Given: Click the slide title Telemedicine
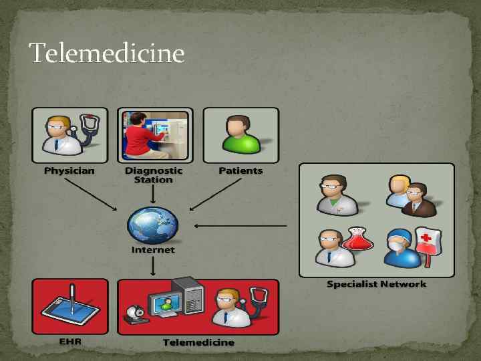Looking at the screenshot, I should (107, 53).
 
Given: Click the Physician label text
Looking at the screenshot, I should (69, 170).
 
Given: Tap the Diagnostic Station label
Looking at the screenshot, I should (153, 174).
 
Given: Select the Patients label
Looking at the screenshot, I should (240, 170).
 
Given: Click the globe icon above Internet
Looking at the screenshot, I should (153, 225).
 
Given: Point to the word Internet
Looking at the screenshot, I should (153, 250).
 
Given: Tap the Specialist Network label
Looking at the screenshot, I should (376, 284).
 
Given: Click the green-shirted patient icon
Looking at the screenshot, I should (240, 135).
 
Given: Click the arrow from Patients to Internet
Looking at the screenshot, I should (214, 195).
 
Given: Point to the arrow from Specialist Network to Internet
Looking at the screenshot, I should (240, 225).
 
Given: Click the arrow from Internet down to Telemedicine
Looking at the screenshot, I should (153, 266).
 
